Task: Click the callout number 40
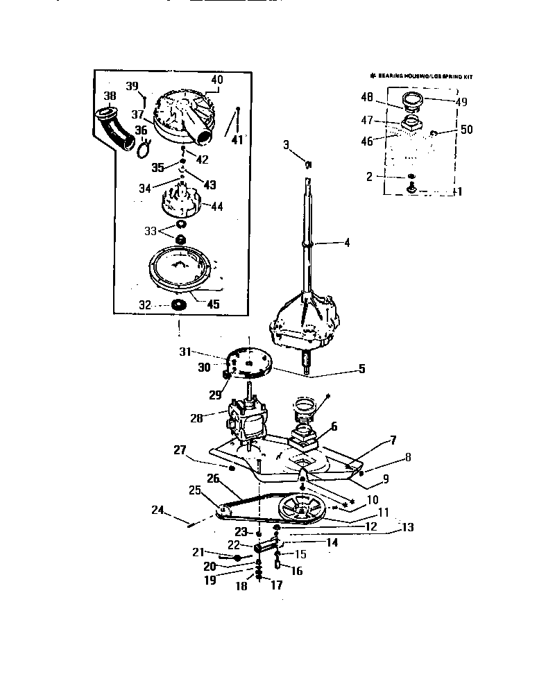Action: tap(217, 80)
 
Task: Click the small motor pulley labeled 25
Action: tap(224, 510)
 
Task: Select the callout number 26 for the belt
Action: tap(213, 478)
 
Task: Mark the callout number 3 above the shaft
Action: tap(286, 144)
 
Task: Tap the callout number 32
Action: tap(144, 304)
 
